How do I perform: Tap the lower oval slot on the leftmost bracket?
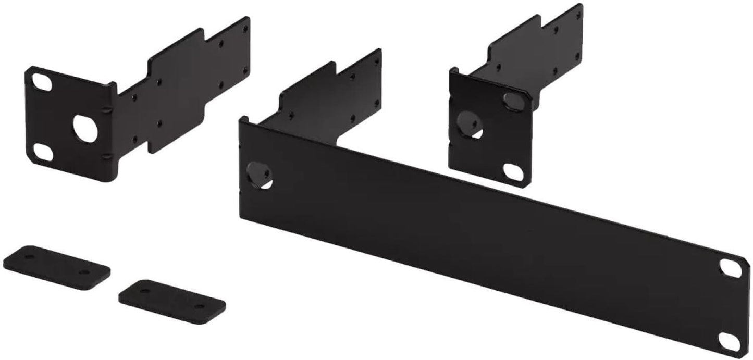41,152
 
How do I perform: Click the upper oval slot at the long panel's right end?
728,267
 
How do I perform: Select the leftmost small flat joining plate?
56,267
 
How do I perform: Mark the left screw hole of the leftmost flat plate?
30,257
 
